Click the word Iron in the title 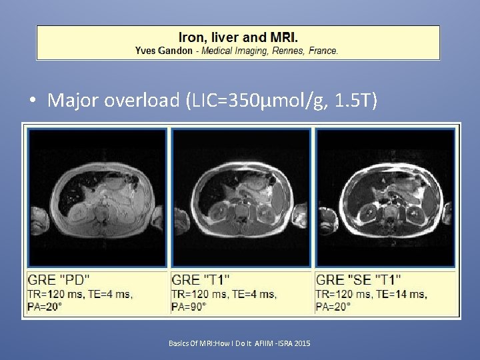[192, 37]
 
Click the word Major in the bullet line [72, 101]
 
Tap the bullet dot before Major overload [32, 101]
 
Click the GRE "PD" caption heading [59, 280]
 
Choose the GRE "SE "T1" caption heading [359, 280]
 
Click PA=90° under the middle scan [189, 307]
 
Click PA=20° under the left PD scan [45, 307]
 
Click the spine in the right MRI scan [387, 212]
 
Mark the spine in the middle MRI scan [243, 213]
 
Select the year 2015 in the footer [301, 343]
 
